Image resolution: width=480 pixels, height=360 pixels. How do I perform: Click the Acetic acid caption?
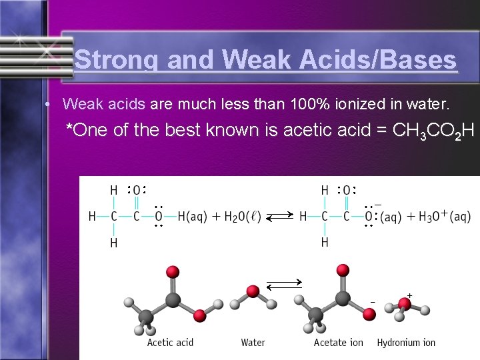[x=170, y=343]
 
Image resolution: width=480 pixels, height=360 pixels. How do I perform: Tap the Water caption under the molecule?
[x=253, y=343]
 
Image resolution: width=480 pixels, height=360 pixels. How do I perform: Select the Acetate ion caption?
[x=339, y=343]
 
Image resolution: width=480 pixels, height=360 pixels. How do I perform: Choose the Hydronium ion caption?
[x=406, y=343]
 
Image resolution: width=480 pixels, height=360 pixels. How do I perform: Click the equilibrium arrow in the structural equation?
[x=280, y=217]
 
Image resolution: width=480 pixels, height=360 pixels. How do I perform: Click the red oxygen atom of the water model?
[x=253, y=291]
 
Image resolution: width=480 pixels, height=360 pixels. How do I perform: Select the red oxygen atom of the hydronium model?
[x=403, y=304]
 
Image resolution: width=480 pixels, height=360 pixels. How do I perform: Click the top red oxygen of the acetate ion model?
[x=343, y=269]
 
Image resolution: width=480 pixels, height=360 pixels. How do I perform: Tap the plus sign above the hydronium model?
[x=409, y=295]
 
